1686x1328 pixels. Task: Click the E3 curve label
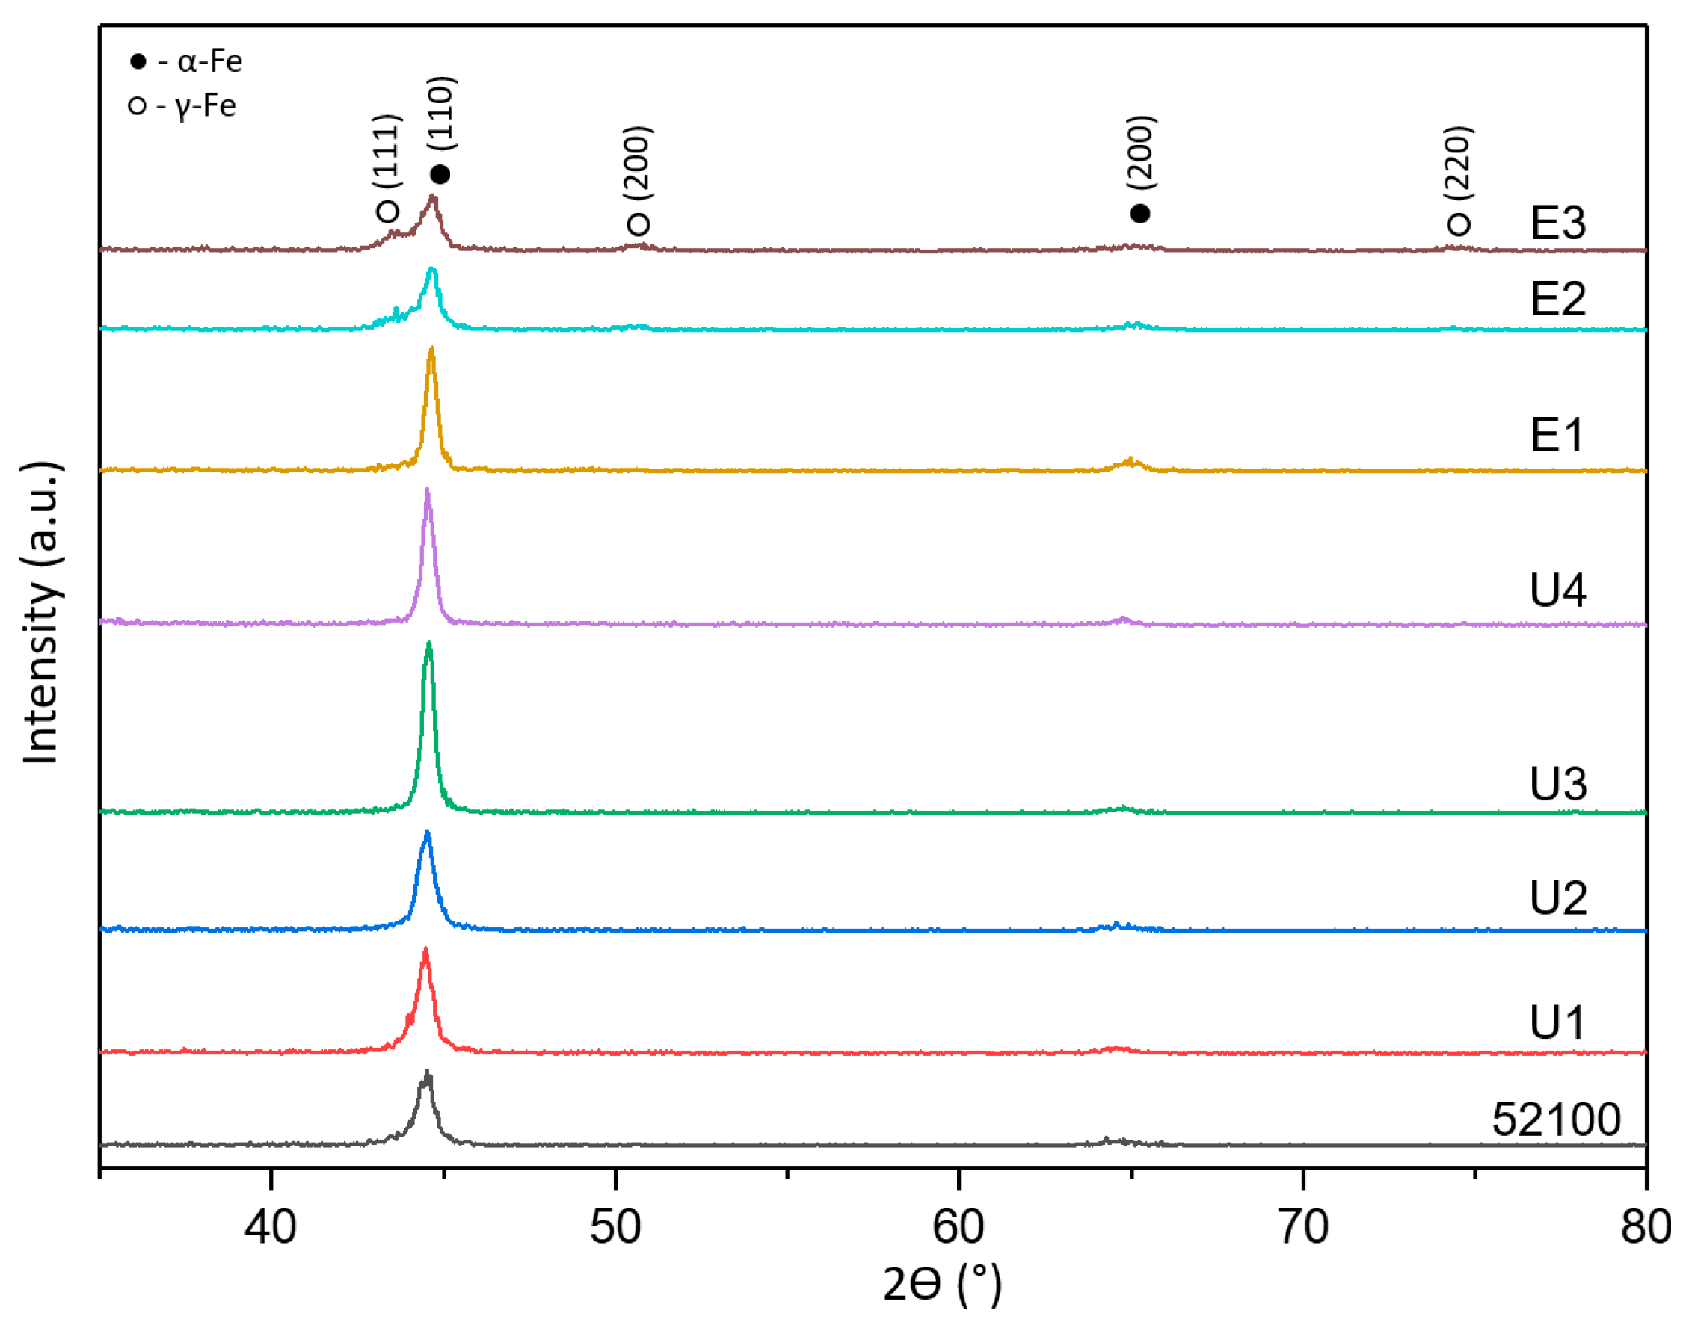1557,223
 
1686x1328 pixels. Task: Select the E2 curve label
1557,299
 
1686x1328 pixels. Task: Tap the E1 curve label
1557,434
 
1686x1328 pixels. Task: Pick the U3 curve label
1557,783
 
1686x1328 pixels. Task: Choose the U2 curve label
1557,898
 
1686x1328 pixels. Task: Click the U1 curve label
1557,1022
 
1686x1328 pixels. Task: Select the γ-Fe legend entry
182,105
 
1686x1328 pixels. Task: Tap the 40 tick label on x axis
270,1227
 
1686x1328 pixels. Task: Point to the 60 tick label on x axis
958,1227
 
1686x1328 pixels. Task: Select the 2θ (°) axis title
942,1284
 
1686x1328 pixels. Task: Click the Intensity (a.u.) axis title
40,614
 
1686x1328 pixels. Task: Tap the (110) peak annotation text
441,114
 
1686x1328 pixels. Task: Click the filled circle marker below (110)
440,174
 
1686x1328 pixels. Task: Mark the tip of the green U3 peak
428,643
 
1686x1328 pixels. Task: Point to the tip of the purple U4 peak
427,489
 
